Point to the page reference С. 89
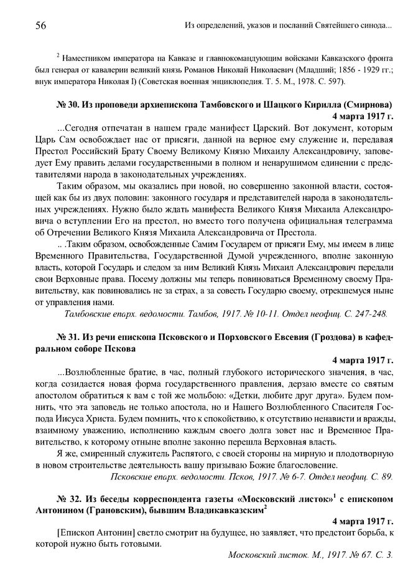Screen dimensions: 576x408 tap(381, 476)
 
